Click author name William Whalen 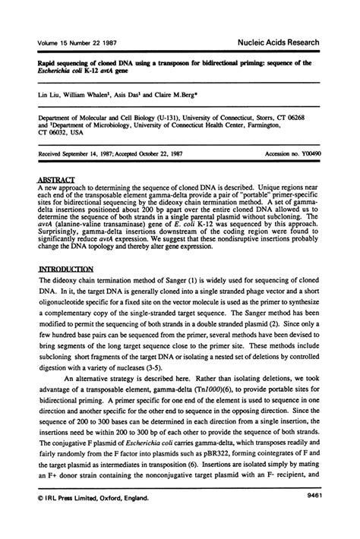[x=92, y=97]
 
